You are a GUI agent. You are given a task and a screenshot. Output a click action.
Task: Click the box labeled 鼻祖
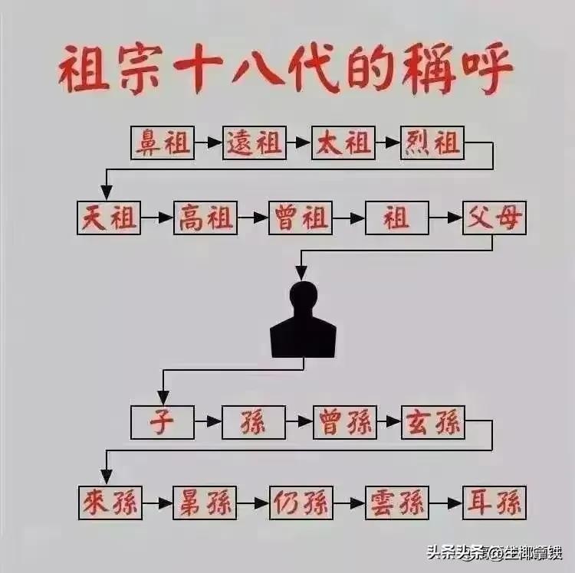click(x=162, y=142)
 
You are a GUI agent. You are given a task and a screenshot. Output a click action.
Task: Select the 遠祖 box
click(x=255, y=142)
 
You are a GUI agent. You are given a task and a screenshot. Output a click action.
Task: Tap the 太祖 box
click(x=343, y=142)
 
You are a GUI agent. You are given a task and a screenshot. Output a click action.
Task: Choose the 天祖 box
click(x=109, y=218)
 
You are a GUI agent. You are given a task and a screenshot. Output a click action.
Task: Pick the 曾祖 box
click(x=300, y=218)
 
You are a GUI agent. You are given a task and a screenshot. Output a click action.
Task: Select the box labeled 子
click(x=162, y=422)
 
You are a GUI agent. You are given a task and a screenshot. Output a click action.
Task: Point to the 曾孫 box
click(x=344, y=422)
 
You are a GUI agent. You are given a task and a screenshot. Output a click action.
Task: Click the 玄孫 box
click(x=433, y=422)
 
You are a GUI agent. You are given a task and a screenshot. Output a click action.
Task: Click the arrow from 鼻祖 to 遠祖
click(x=208, y=142)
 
